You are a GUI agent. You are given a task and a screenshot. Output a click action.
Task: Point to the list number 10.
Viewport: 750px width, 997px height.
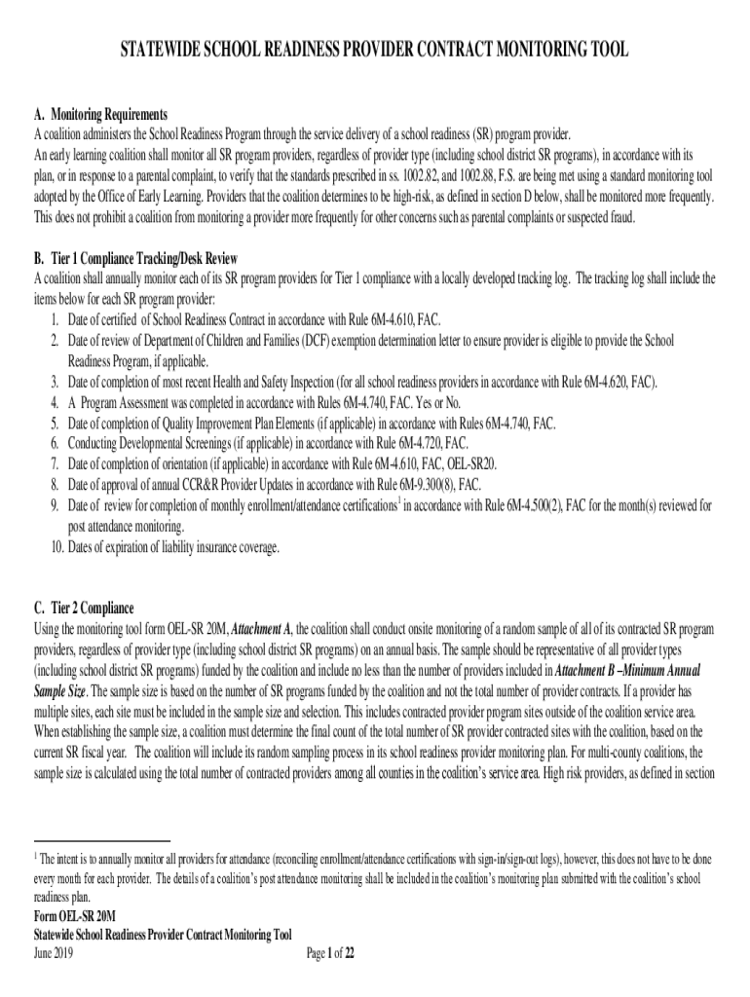pos(56,547)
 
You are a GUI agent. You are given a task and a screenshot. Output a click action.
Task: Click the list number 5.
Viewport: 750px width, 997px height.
pos(56,424)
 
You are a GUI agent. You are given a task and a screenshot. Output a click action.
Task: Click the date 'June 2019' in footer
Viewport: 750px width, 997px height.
pos(53,953)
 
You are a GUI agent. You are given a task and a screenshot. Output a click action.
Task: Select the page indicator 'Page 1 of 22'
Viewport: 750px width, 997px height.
pos(330,953)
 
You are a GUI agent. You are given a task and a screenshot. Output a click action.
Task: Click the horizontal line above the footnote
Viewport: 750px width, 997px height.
pos(102,840)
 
